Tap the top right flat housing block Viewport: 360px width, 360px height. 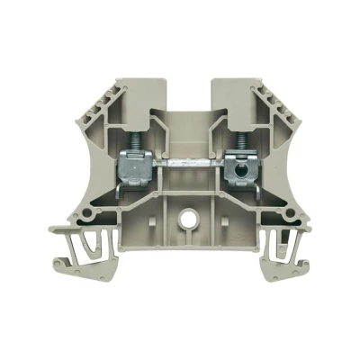[236, 91]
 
